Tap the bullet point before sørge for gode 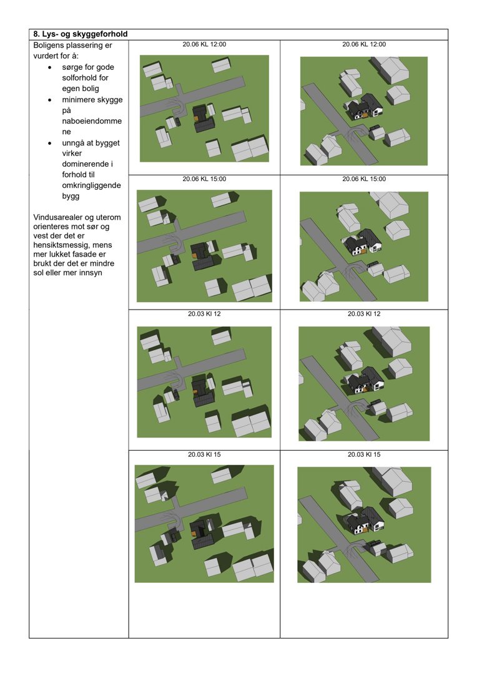(x=49, y=67)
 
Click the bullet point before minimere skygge (x=49, y=100)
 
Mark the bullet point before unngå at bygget (x=49, y=143)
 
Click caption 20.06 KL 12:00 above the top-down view (x=204, y=44)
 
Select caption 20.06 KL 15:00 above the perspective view (x=364, y=179)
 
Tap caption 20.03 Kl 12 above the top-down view (x=204, y=314)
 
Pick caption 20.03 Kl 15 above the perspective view (x=364, y=454)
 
